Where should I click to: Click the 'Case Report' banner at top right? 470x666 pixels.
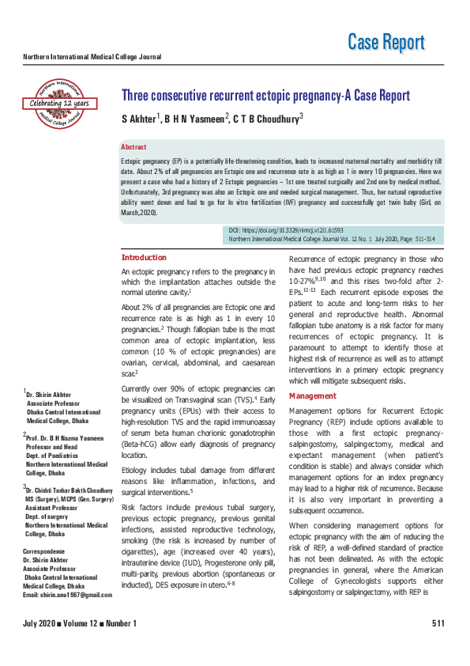tap(386, 42)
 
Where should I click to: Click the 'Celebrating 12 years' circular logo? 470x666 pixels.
tap(59, 101)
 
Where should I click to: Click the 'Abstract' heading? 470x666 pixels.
tap(133, 148)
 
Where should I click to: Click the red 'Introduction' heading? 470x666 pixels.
tap(144, 258)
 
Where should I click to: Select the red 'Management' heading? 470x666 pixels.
tap(313, 395)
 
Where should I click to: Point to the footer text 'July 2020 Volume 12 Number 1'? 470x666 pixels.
tap(80, 646)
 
